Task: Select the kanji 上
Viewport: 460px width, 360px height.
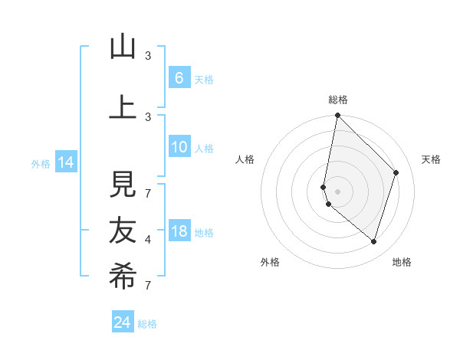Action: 123,106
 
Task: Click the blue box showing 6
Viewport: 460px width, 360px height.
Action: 179,78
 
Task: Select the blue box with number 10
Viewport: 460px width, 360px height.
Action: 179,148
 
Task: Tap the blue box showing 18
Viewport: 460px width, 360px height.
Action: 179,232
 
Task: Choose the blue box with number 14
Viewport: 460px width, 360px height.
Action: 66,162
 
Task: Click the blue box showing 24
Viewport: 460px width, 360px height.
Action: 122,322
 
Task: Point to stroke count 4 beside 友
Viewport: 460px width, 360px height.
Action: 148,240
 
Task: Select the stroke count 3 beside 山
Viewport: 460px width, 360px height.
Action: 148,56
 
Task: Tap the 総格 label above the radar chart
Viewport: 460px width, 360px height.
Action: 337,100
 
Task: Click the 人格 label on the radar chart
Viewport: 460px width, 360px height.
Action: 245,159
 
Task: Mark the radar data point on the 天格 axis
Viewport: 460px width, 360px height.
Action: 396,172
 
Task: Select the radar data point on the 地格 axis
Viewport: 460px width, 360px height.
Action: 374,241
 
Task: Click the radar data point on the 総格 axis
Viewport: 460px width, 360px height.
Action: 337,115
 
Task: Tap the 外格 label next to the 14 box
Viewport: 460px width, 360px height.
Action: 40,163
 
